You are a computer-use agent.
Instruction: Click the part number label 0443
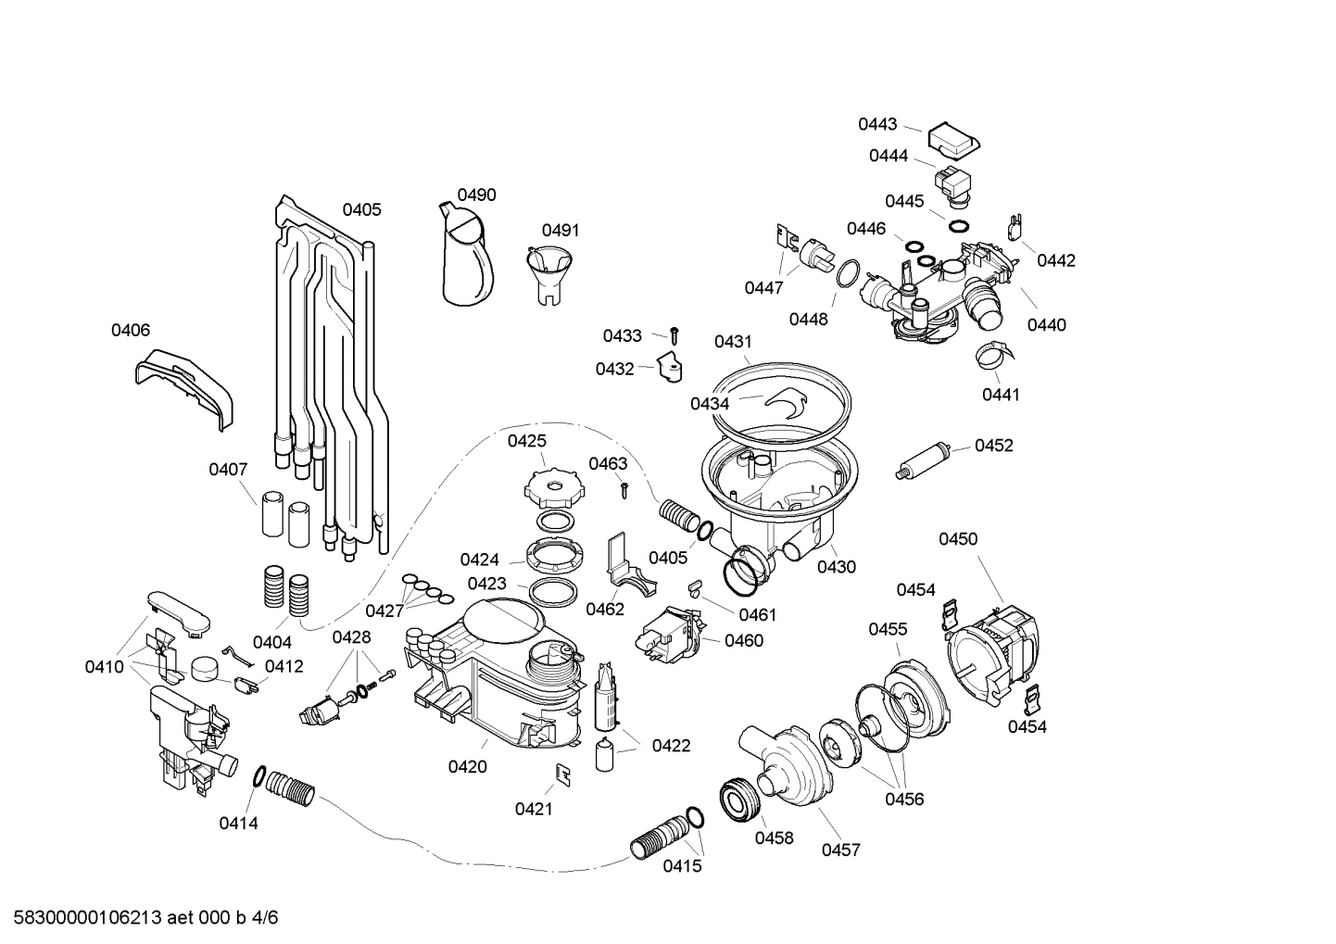pyautogui.click(x=876, y=124)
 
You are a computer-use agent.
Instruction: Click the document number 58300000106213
pyautogui.click(x=82, y=918)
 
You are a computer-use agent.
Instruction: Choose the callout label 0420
pyautogui.click(x=467, y=766)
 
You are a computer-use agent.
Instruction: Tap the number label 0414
pyautogui.click(x=238, y=823)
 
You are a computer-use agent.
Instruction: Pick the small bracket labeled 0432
pyautogui.click(x=669, y=369)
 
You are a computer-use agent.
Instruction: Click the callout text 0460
pyautogui.click(x=744, y=640)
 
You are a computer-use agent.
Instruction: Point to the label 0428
pyautogui.click(x=351, y=636)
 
